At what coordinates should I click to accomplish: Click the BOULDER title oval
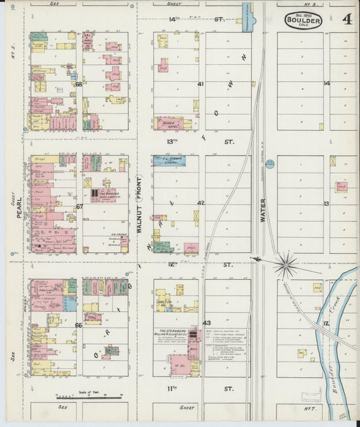303,20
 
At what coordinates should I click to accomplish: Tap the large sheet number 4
346,19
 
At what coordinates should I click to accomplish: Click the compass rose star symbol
286,263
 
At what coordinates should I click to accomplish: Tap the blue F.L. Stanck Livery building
169,161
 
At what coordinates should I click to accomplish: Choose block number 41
201,84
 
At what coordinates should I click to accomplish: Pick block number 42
201,203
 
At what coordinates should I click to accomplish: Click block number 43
207,322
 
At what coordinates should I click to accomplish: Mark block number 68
79,84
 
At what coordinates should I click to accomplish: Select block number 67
79,206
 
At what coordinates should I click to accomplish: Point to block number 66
79,325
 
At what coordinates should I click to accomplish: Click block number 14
326,84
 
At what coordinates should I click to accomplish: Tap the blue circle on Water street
269,163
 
